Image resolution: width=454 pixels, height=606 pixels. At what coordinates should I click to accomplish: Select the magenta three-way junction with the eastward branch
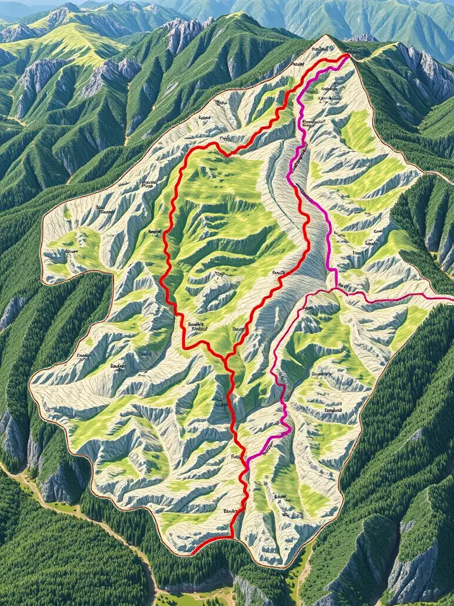[335, 289]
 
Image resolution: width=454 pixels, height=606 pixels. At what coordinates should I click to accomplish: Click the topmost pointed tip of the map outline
[326, 36]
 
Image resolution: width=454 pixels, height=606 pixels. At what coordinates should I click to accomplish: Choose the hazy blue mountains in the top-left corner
[24, 9]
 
